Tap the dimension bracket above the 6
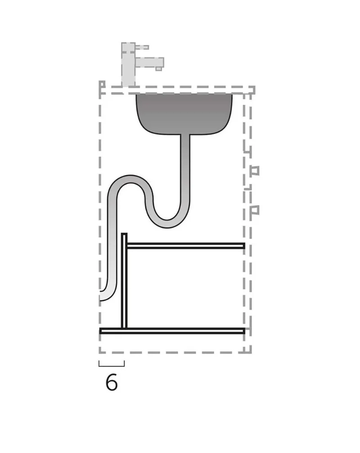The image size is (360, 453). coord(112,366)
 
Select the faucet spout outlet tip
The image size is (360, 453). coord(158,69)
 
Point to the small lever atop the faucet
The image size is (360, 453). coord(142,47)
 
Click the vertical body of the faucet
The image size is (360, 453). coord(128,64)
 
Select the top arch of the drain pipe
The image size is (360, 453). coord(130,180)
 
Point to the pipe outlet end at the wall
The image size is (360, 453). coord(102,296)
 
